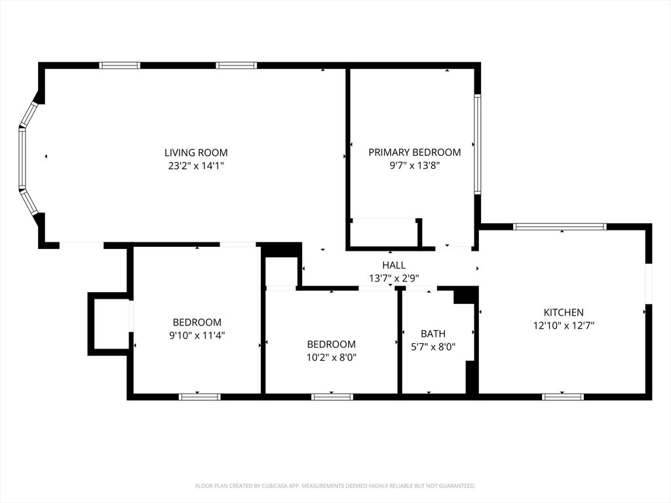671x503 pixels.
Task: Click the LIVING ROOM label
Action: pyautogui.click(x=196, y=153)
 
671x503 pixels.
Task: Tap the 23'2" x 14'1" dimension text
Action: pyautogui.click(x=196, y=166)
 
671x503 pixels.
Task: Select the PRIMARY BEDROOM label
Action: pyautogui.click(x=414, y=153)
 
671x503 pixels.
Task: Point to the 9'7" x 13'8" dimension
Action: pyautogui.click(x=414, y=166)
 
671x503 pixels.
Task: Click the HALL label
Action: pyautogui.click(x=394, y=265)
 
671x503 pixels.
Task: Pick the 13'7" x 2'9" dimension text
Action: pyautogui.click(x=394, y=278)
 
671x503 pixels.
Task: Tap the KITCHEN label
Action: pyautogui.click(x=564, y=312)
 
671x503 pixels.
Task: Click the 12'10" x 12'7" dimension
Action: pyautogui.click(x=564, y=326)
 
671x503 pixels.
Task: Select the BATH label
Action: pyautogui.click(x=433, y=334)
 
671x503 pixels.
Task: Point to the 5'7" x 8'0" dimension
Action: pyautogui.click(x=433, y=347)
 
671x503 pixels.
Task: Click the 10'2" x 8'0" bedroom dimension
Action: pyautogui.click(x=332, y=358)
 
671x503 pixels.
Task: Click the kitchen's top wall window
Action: pyautogui.click(x=560, y=227)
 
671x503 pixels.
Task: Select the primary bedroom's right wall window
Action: pyautogui.click(x=478, y=144)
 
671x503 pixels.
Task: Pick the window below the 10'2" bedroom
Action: pyautogui.click(x=332, y=396)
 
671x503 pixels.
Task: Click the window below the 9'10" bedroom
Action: pyautogui.click(x=200, y=396)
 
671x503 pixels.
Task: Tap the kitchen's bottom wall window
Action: pyautogui.click(x=563, y=396)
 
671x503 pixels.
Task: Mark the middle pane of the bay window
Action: pyautogui.click(x=22, y=158)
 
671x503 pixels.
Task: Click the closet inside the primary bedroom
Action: pyautogui.click(x=385, y=233)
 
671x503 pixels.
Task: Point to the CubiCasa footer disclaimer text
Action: pyautogui.click(x=335, y=486)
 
